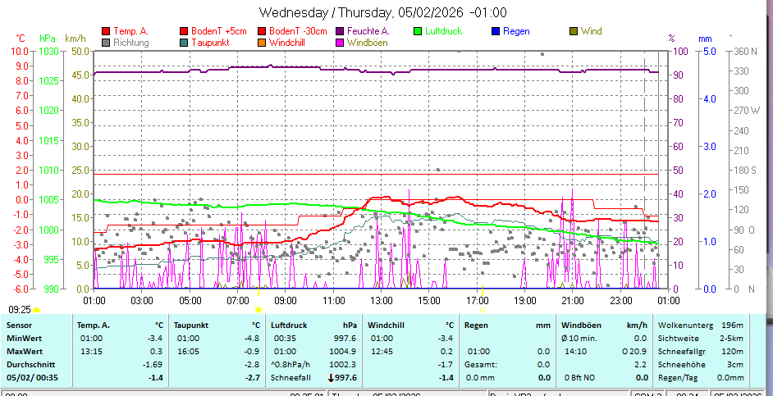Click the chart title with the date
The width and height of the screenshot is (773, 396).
click(x=383, y=12)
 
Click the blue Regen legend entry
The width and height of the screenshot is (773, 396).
click(x=515, y=31)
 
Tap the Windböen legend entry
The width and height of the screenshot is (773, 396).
click(x=367, y=42)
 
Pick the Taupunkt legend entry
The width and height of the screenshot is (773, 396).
click(x=210, y=42)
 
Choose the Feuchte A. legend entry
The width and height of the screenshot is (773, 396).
click(x=368, y=31)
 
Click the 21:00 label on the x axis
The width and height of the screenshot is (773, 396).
click(x=573, y=300)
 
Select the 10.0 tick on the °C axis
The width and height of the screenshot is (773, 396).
click(x=20, y=51)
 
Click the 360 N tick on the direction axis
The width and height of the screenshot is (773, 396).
click(x=745, y=51)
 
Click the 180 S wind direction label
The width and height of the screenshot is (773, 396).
click(x=745, y=170)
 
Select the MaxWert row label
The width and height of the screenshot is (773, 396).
click(x=25, y=351)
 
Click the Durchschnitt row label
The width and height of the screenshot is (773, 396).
click(x=30, y=364)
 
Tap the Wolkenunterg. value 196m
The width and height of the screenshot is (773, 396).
click(x=732, y=325)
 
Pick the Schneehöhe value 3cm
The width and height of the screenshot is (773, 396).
click(x=735, y=364)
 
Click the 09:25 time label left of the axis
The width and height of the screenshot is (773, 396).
click(x=20, y=310)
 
